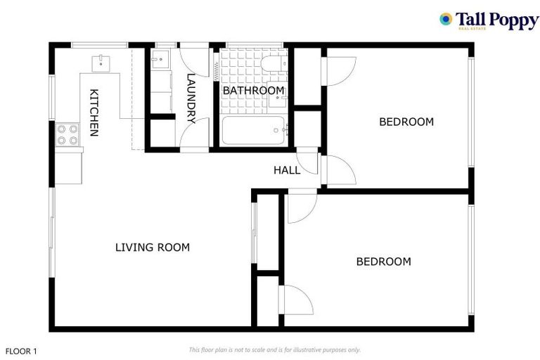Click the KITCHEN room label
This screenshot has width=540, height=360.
(x=93, y=112)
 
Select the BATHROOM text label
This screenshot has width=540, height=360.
(x=254, y=91)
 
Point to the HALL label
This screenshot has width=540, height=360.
(x=286, y=170)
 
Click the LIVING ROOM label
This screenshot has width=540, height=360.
(x=153, y=247)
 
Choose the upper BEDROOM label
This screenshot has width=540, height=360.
(x=406, y=122)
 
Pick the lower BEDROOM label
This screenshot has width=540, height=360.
(x=383, y=262)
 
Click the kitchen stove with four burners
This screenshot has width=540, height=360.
(x=68, y=134)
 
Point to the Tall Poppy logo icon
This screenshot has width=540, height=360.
(x=445, y=19)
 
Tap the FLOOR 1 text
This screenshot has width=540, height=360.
(x=21, y=350)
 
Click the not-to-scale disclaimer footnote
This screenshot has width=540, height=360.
(x=274, y=349)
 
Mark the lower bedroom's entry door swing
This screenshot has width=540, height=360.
(x=301, y=207)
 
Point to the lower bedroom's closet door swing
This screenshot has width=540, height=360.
(x=295, y=300)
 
